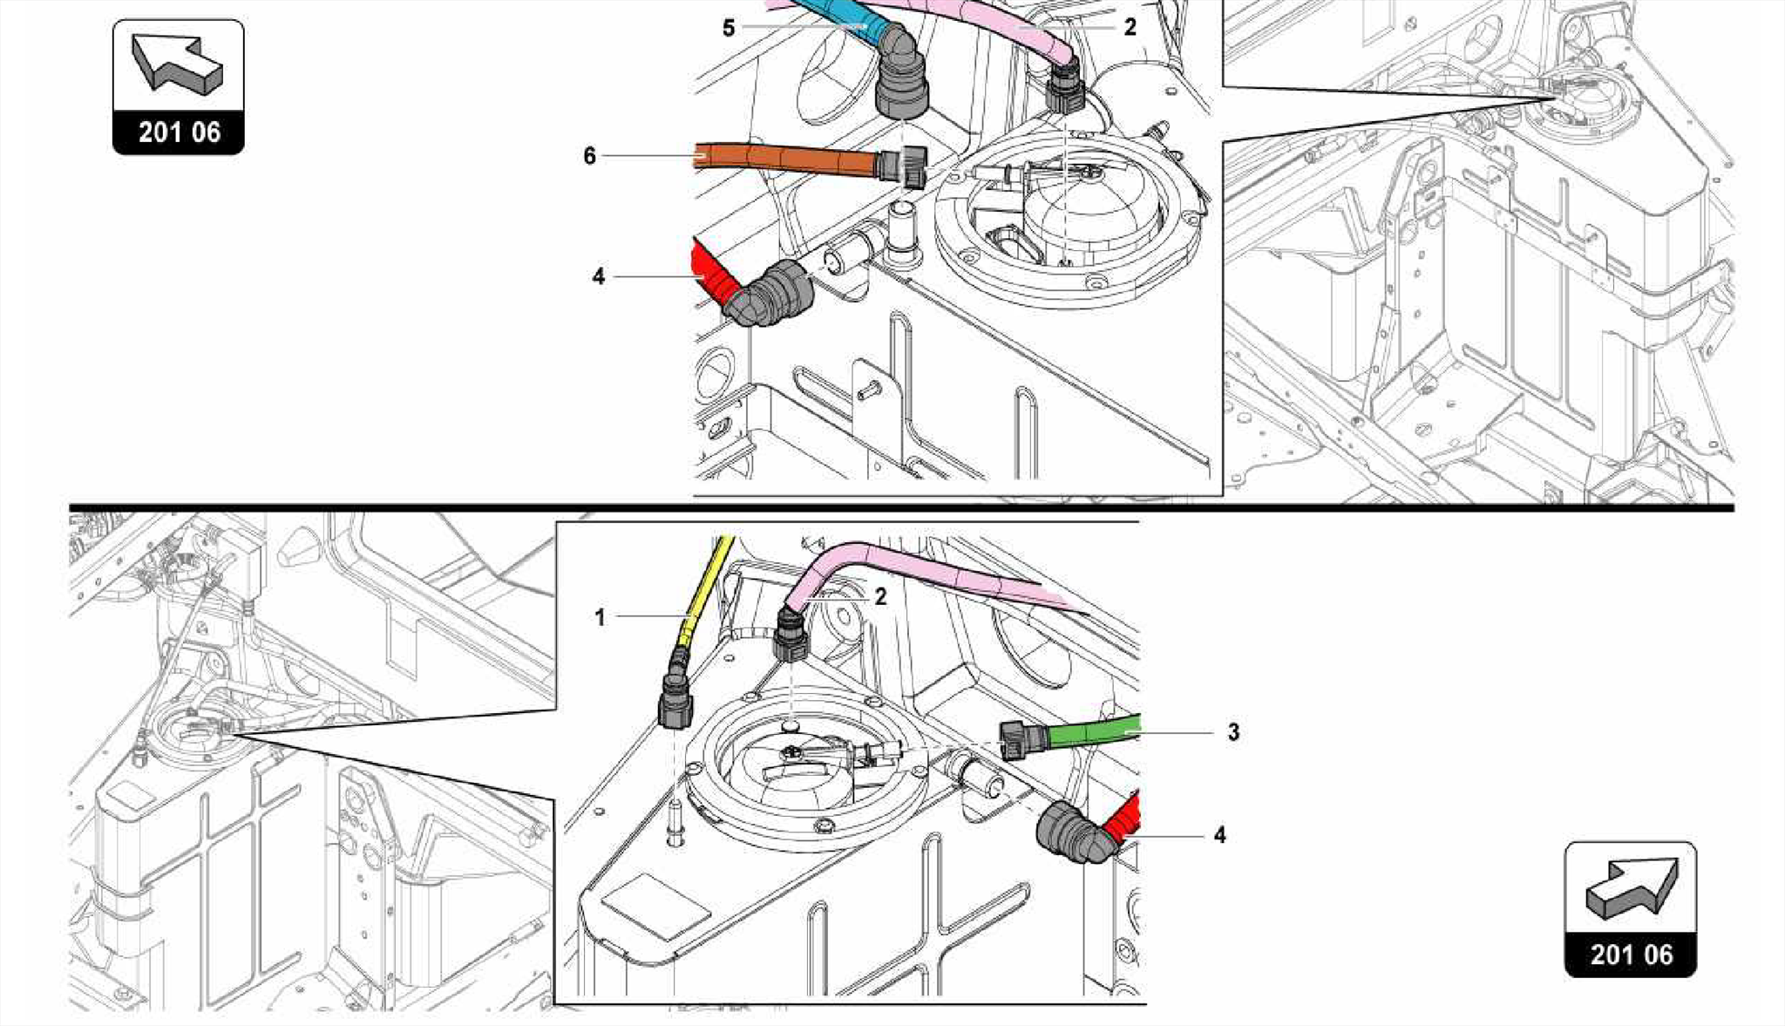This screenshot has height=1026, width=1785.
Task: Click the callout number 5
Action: (729, 28)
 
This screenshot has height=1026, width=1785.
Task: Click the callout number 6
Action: (590, 156)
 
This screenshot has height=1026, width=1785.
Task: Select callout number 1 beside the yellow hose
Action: (600, 617)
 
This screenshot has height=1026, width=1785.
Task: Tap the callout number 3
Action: (1233, 732)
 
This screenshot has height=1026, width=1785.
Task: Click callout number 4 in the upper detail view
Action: (598, 276)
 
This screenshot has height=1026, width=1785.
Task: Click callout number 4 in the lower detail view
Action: (1219, 835)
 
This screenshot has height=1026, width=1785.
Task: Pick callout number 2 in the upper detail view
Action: (1130, 27)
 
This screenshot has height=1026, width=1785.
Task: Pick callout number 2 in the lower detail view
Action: (881, 596)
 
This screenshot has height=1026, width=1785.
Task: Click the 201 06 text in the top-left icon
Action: (179, 132)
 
